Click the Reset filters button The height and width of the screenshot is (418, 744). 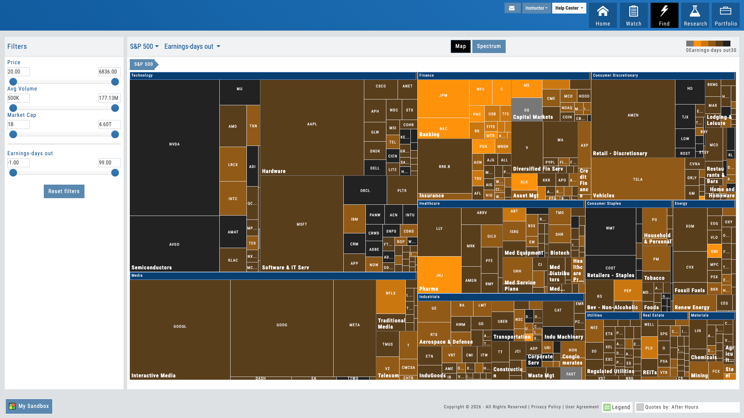click(x=64, y=191)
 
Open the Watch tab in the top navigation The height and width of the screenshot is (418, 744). click(x=634, y=15)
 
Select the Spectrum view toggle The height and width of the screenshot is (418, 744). click(x=489, y=46)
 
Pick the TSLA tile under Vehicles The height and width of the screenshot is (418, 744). click(x=638, y=179)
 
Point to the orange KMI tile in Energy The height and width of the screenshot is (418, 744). click(x=714, y=251)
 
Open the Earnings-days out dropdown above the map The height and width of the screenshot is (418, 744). click(x=192, y=46)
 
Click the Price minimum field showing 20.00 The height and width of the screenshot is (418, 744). click(x=18, y=72)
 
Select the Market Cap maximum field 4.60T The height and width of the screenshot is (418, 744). click(x=109, y=124)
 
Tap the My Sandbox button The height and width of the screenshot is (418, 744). click(x=29, y=406)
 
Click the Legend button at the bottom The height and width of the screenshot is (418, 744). click(x=617, y=407)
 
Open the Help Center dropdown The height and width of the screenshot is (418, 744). click(x=569, y=8)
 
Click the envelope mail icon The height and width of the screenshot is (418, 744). click(x=512, y=8)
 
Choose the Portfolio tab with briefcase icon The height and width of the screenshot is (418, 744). click(x=725, y=15)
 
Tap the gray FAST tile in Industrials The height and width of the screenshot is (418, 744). click(x=571, y=374)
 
